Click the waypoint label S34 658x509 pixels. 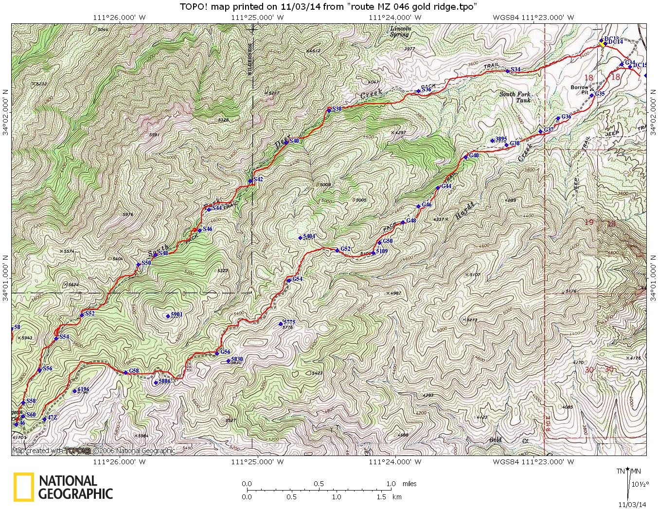pos(515,70)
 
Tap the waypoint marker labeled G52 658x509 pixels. pos(337,250)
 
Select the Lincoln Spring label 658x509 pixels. pos(400,32)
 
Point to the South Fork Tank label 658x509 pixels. pos(515,97)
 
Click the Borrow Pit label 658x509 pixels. pos(579,90)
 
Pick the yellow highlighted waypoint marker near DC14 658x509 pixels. pos(602,44)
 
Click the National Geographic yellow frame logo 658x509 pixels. pos(23,487)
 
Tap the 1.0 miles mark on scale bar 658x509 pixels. pos(391,484)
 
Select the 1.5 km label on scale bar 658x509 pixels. pos(381,497)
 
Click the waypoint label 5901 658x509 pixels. pos(176,315)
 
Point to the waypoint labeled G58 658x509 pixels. pos(125,373)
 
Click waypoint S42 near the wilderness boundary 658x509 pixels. pos(250,181)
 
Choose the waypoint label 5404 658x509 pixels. pos(309,236)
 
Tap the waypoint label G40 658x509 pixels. pos(474,156)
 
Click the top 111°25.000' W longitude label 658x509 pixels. pos(257,18)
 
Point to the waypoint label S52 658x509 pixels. pos(89,314)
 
